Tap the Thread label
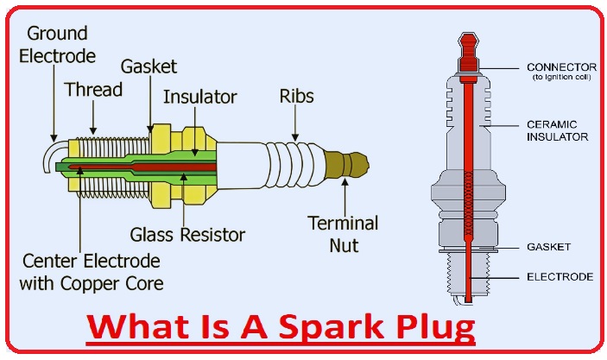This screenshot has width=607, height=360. click(x=93, y=90)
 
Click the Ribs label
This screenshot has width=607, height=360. click(x=295, y=95)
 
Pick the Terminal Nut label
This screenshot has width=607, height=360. click(x=343, y=233)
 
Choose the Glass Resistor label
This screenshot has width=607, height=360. click(x=187, y=234)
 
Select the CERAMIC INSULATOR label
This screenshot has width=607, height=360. click(x=558, y=129)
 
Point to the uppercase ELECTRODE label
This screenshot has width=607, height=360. click(x=560, y=277)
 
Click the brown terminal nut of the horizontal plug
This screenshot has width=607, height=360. click(x=349, y=162)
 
